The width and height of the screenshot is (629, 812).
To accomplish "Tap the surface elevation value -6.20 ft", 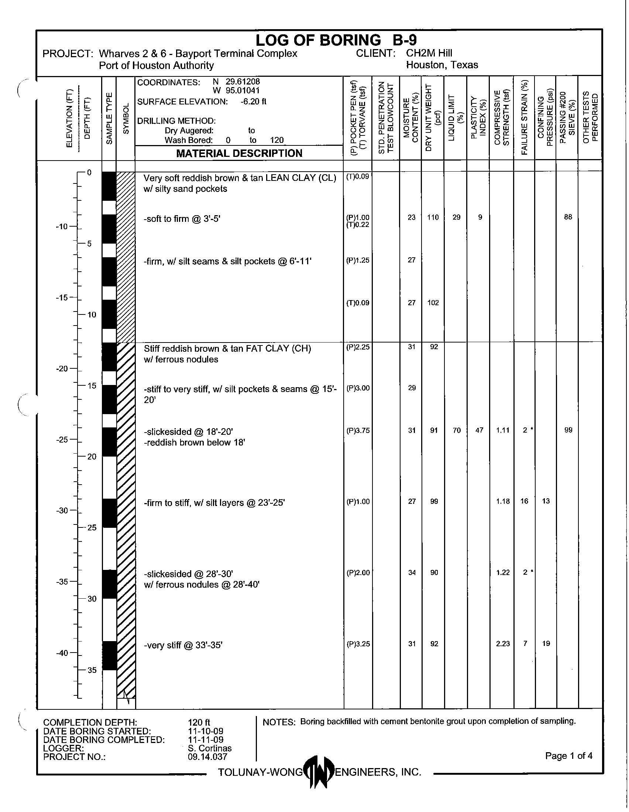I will tap(253, 102).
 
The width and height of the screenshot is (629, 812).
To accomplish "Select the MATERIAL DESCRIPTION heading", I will tap(239, 153).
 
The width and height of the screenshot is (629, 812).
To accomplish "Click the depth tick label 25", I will tap(92, 527).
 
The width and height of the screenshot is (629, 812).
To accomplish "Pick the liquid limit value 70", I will tap(457, 430).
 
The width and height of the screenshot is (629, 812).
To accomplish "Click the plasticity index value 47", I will tap(480, 430).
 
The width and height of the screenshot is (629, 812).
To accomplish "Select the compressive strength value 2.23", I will tap(503, 644).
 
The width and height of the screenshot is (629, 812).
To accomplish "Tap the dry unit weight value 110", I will tap(433, 217).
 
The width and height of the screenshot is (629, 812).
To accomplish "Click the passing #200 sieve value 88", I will tap(568, 217).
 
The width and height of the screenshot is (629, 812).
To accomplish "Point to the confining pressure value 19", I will tap(546, 644).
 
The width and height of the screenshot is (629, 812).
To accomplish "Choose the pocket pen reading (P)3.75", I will tap(358, 430).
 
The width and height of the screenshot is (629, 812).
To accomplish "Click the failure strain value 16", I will tap(524, 501).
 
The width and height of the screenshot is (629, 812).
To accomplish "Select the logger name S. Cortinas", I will tap(210, 748).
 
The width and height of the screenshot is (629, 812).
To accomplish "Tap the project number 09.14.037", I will tap(207, 757).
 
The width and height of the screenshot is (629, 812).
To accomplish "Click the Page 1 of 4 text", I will tap(568, 756).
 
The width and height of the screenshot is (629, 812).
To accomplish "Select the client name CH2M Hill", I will tap(429, 53).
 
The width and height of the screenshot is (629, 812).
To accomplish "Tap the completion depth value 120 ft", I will tap(199, 722).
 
